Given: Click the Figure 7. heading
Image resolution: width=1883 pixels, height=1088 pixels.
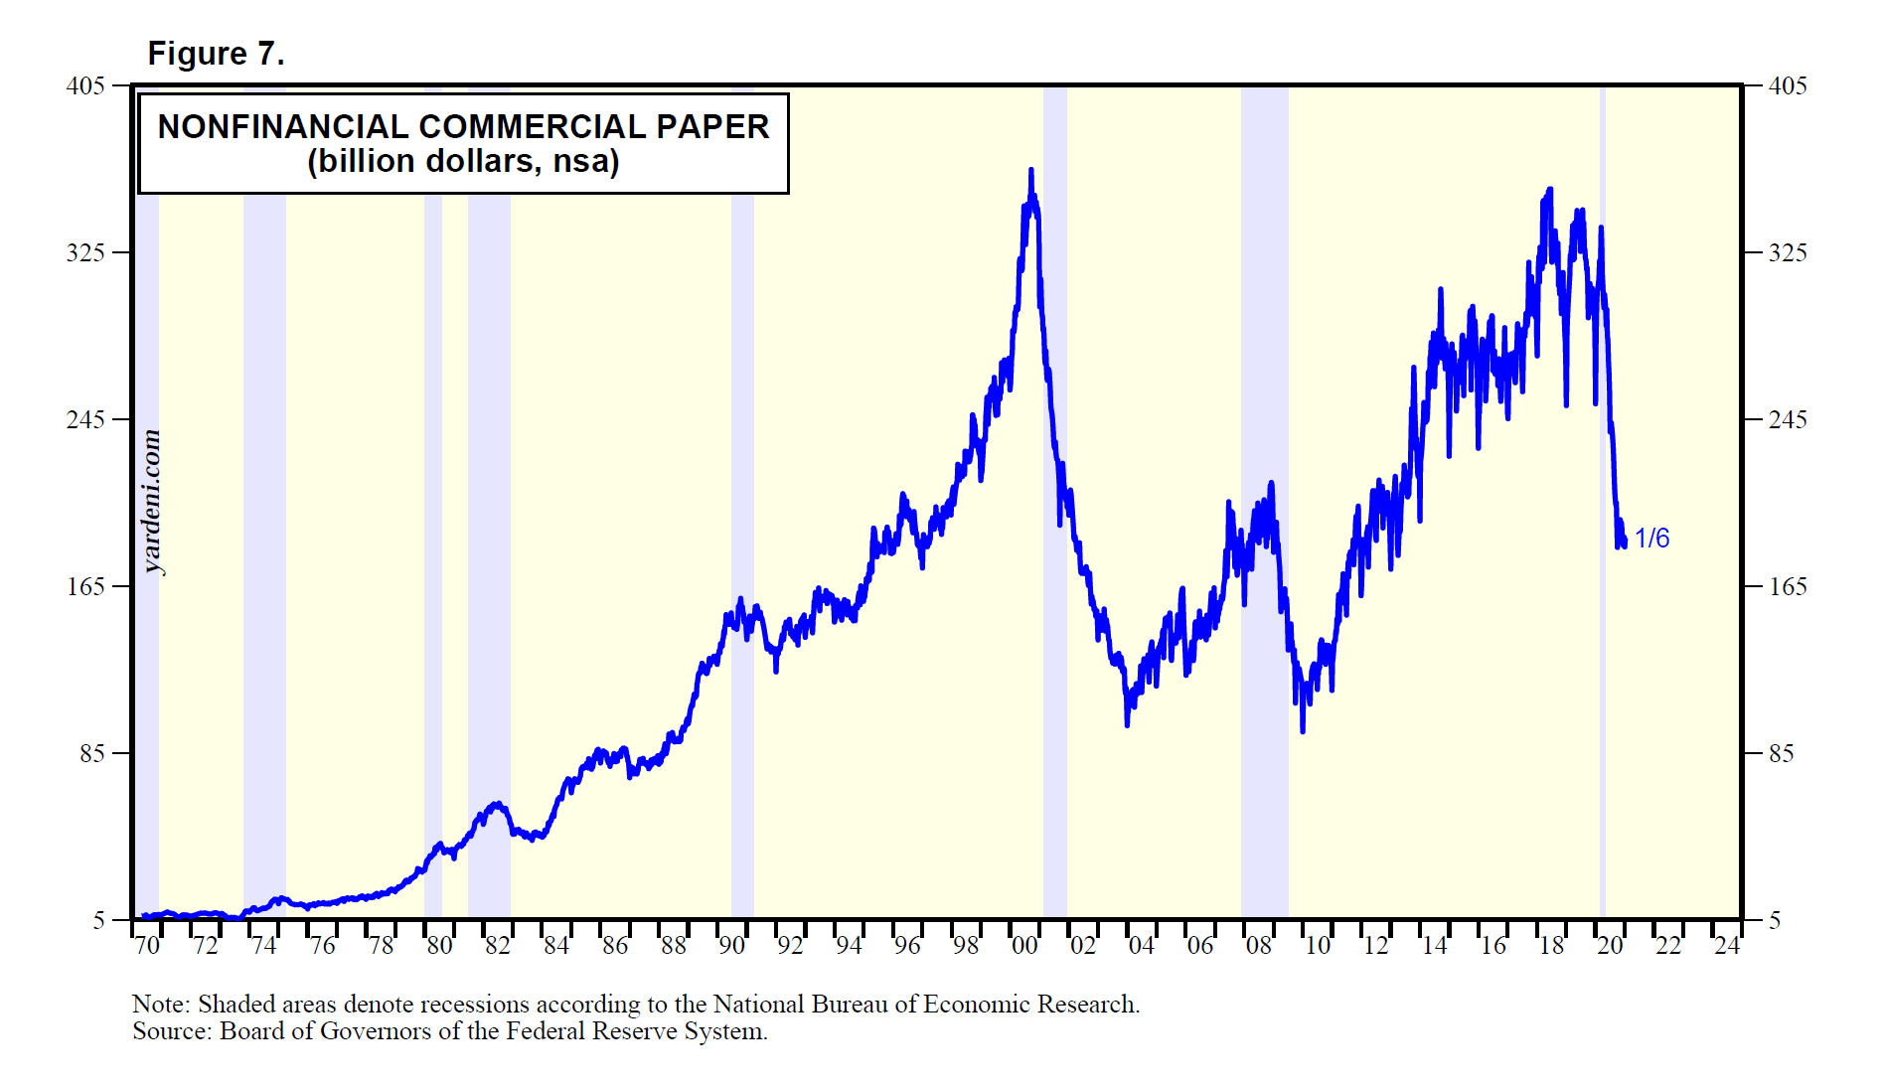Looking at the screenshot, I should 216,54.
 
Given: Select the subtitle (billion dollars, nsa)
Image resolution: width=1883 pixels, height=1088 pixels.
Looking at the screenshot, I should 463,161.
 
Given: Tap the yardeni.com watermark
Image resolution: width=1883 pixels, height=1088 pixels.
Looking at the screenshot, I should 151,502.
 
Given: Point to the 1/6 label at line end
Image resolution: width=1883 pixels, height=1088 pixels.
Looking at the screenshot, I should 1651,539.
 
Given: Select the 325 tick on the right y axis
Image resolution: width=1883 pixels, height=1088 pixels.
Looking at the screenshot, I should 1788,252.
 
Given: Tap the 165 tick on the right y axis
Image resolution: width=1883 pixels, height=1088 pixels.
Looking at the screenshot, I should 1788,586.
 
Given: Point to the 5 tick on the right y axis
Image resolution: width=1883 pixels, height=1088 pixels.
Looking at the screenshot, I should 1775,921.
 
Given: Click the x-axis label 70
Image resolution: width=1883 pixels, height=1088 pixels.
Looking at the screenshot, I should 147,946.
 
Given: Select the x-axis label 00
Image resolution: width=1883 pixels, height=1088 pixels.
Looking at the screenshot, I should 1024,946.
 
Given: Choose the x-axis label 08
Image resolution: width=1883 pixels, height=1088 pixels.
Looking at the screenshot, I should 1259,946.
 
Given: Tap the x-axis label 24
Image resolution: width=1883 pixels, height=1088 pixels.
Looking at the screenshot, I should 1727,946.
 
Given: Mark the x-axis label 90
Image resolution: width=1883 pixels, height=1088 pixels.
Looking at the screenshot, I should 732,946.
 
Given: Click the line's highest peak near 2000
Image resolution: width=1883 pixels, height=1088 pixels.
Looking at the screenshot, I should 1030,171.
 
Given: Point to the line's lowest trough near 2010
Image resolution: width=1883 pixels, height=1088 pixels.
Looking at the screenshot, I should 1303,731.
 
